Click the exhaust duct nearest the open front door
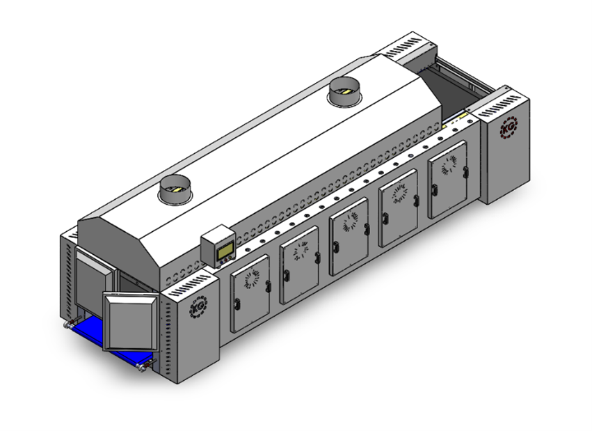tap(175, 189)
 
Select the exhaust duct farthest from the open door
tap(344, 91)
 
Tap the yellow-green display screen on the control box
tap(225, 250)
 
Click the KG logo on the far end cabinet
tap(509, 127)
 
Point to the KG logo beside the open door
tap(198, 307)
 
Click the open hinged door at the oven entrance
tap(131, 322)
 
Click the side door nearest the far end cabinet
tap(448, 180)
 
